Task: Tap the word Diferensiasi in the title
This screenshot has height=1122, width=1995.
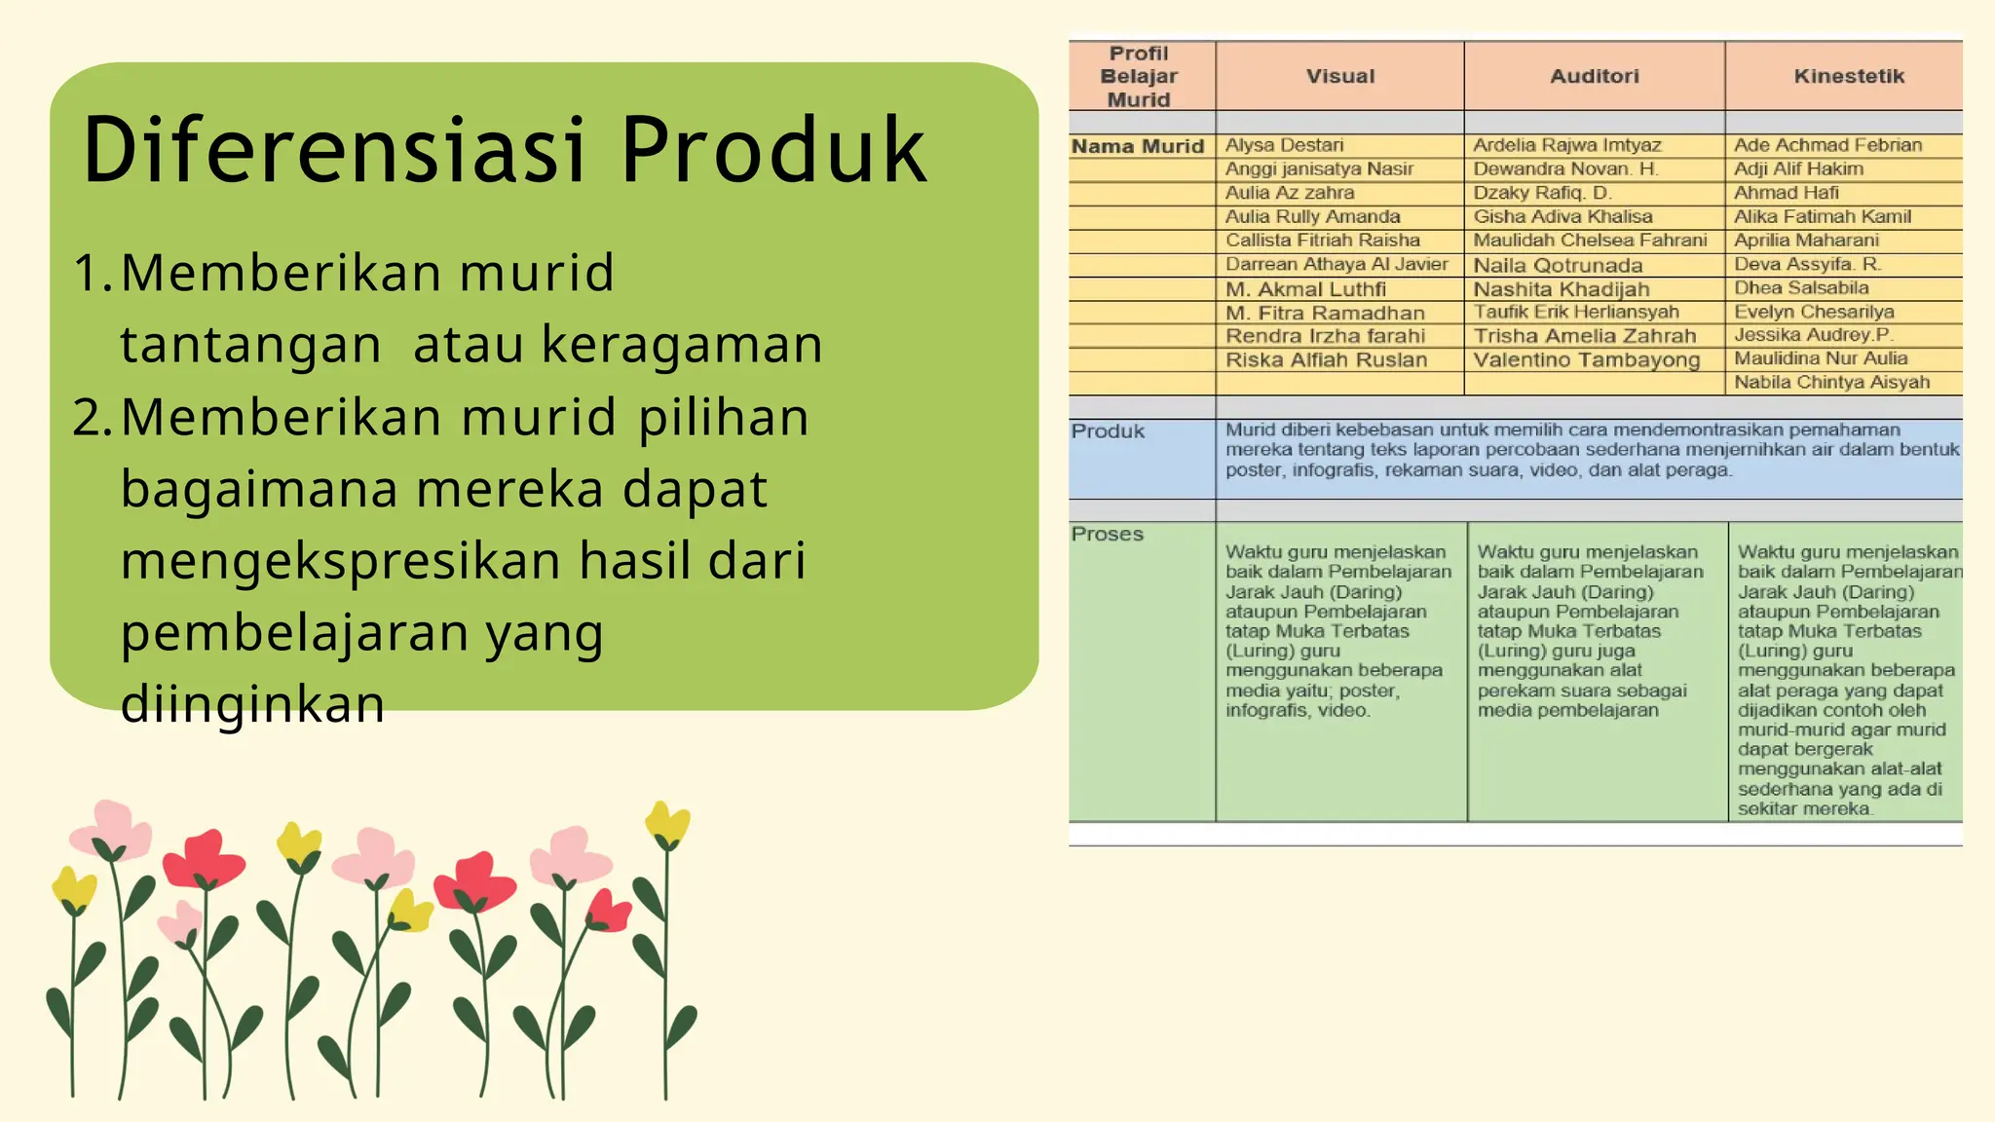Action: pyautogui.click(x=335, y=151)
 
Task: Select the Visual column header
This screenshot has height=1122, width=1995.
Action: pyautogui.click(x=1340, y=76)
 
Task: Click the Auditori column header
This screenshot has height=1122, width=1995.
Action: pyautogui.click(x=1595, y=76)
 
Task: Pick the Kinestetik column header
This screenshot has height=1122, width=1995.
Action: pyautogui.click(x=1849, y=76)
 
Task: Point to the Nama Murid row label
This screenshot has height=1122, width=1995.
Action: pyautogui.click(x=1138, y=146)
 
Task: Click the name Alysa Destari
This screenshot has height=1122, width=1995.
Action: pyautogui.click(x=1284, y=145)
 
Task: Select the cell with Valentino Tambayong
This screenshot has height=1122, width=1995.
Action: pyautogui.click(x=1586, y=359)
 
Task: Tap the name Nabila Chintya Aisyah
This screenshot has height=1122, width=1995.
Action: pyautogui.click(x=1831, y=382)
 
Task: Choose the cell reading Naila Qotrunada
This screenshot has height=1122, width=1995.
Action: pyautogui.click(x=1558, y=265)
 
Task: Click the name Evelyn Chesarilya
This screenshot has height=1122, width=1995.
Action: pyautogui.click(x=1814, y=312)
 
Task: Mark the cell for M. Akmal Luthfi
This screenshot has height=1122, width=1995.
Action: pyautogui.click(x=1305, y=289)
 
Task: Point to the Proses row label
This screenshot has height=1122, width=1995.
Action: pyautogui.click(x=1108, y=534)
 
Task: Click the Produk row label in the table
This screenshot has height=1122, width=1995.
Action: pyautogui.click(x=1108, y=431)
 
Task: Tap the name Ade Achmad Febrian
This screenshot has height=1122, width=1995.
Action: pyautogui.click(x=1827, y=145)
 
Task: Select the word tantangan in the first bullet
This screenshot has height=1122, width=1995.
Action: pyautogui.click(x=250, y=345)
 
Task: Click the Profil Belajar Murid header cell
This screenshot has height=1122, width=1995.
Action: pyautogui.click(x=1139, y=76)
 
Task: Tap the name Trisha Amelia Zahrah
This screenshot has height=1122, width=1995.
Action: pyautogui.click(x=1584, y=336)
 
